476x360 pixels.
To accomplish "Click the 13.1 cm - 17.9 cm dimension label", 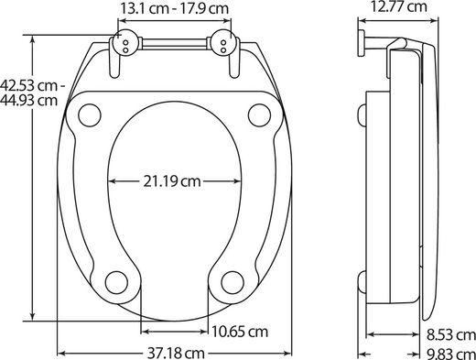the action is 174,8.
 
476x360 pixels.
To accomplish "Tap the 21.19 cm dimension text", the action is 172,181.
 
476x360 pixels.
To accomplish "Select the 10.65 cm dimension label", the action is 240,332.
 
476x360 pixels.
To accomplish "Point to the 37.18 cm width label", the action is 176,354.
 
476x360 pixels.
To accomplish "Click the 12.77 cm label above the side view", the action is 398,6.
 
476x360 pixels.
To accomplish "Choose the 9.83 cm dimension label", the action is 451,355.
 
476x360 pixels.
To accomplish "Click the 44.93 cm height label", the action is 28,100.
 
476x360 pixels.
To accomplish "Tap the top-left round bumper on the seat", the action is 90,115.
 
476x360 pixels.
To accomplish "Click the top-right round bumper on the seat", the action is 259,115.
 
